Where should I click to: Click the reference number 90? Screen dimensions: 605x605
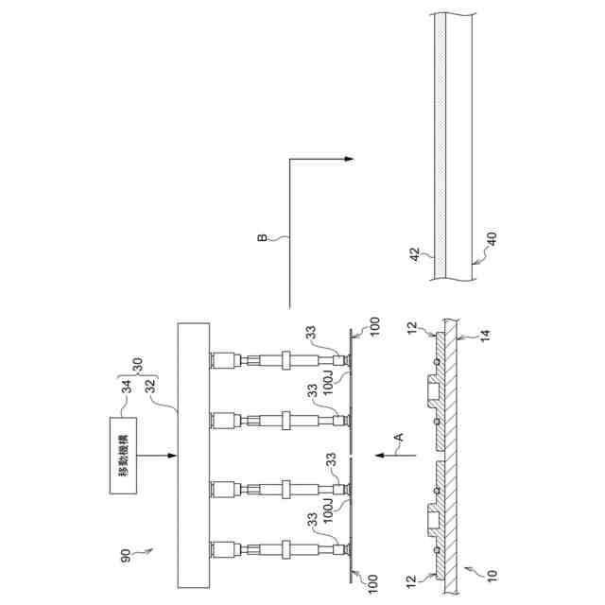point(126,555)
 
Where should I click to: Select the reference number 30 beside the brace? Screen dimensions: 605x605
point(138,365)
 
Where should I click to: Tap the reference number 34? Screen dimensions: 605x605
point(126,387)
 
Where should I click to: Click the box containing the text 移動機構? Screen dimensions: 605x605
point(123,456)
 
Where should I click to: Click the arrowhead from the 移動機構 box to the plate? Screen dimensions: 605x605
point(172,456)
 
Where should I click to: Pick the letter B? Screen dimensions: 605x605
point(262,237)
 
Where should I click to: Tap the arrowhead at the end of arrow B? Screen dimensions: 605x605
point(349,159)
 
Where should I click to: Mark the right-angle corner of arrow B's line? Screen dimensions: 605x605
point(290,159)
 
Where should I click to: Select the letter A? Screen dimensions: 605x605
point(399,437)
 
